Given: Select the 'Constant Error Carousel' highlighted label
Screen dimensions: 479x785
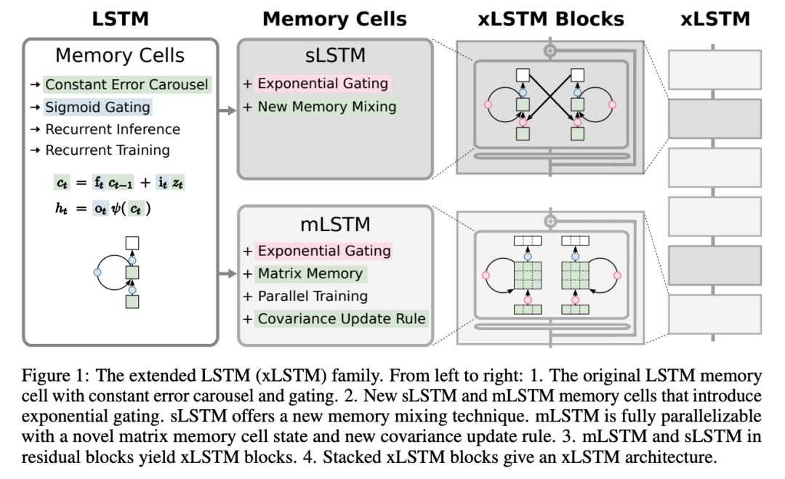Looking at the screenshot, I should click(x=127, y=85).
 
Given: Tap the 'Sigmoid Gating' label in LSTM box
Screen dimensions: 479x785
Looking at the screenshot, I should click(x=97, y=108).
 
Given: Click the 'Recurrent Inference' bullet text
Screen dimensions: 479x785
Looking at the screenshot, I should click(x=113, y=129).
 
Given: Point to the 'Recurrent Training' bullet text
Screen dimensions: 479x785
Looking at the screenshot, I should click(x=108, y=150).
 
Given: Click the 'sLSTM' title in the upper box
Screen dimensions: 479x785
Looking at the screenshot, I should click(x=334, y=55).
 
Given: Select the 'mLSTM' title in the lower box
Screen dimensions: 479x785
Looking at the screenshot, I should click(x=334, y=224).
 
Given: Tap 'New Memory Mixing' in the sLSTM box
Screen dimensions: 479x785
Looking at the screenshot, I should click(x=327, y=107).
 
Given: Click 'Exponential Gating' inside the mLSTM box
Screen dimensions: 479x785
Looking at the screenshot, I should click(x=323, y=251).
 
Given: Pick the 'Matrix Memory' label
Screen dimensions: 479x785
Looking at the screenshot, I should click(x=310, y=274).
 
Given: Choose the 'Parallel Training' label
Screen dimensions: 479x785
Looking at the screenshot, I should click(x=313, y=297).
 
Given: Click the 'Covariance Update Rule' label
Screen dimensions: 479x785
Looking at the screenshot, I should click(x=341, y=318).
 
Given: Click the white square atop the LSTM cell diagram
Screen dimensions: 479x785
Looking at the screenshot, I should click(x=132, y=243).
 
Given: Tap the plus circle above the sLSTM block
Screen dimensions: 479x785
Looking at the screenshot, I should click(x=550, y=51).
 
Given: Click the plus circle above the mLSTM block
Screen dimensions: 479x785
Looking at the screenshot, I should click(x=550, y=220).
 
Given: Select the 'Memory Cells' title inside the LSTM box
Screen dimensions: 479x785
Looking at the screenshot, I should click(x=120, y=55).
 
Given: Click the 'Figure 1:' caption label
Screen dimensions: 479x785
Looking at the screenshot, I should click(x=52, y=377).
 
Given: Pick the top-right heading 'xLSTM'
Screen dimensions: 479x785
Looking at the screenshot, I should click(x=714, y=19).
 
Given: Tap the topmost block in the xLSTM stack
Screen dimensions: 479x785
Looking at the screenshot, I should click(x=714, y=71).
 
